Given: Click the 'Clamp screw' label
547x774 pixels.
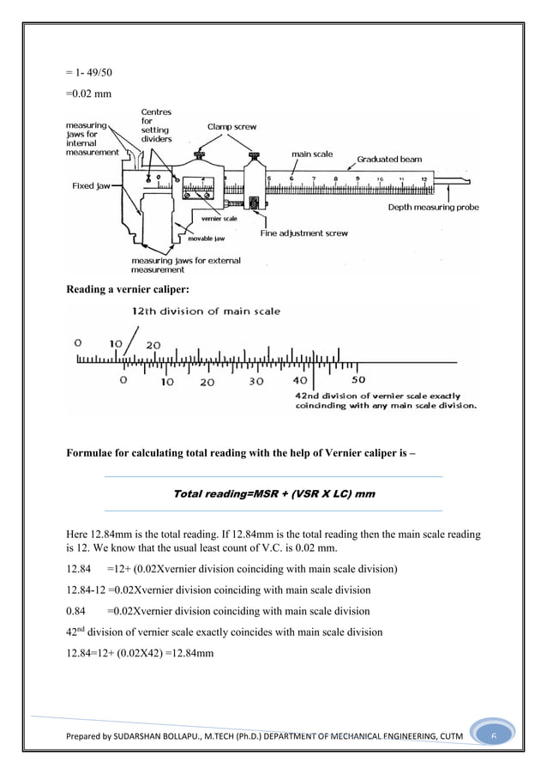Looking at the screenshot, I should tap(233, 126).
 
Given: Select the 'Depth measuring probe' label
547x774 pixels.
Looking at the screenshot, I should tap(434, 207).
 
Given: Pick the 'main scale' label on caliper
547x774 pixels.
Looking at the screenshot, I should tap(313, 154).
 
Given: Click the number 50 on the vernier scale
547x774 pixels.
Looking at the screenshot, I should tap(358, 379).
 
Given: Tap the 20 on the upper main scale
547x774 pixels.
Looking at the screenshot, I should tap(153, 344).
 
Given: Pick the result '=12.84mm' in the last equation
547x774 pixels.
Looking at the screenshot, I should tap(188, 654).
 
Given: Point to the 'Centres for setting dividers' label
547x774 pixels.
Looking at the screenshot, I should tap(156, 124).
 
